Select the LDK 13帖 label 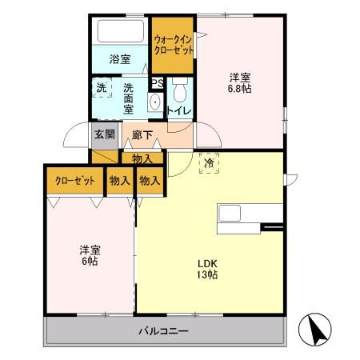tap(208, 270)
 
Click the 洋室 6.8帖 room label tap(240, 83)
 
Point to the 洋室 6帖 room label tap(88, 254)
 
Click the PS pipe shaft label tap(158, 82)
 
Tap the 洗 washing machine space tap(102, 87)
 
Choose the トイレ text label tap(178, 110)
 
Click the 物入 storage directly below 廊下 tap(143, 159)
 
